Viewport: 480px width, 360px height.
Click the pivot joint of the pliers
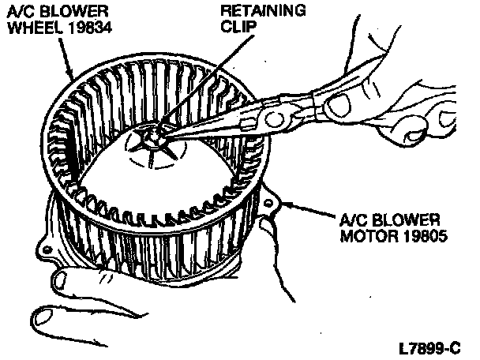click(276, 119)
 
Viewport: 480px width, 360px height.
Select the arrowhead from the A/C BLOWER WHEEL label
click(73, 78)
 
